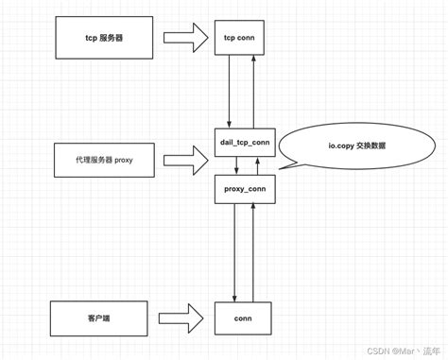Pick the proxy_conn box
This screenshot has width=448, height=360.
(244, 188)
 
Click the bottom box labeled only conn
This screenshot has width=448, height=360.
(242, 318)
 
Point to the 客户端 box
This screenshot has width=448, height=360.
(98, 318)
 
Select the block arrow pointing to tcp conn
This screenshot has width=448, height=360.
(184, 38)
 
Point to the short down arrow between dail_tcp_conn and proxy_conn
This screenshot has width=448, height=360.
(237, 164)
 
